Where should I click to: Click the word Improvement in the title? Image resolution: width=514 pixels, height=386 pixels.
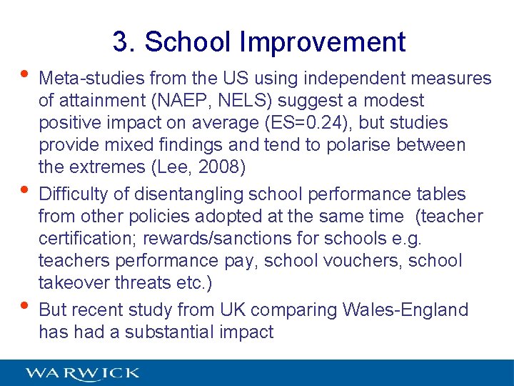point(323,42)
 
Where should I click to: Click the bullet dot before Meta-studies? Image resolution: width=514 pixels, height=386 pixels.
point(26,74)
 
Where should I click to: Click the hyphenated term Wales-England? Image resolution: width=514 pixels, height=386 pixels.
point(405,310)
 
